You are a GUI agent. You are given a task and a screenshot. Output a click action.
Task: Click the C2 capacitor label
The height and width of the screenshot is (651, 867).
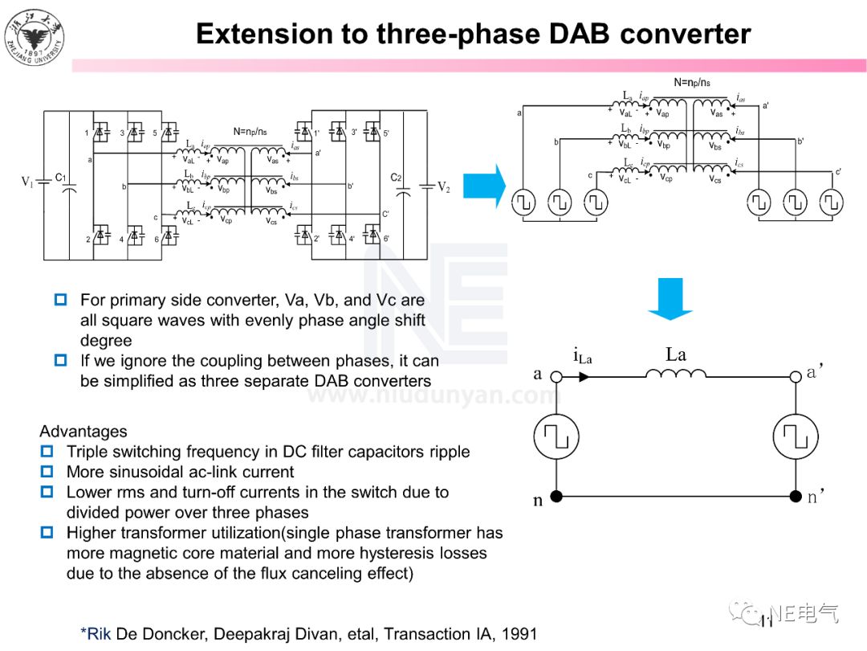pos(396,178)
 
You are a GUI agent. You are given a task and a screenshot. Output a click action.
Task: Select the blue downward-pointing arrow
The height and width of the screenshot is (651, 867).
pos(670,298)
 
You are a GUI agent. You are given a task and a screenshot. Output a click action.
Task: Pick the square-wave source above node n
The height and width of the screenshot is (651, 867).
pos(556,436)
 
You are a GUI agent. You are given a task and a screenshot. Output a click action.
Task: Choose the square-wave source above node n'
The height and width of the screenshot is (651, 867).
pos(795,436)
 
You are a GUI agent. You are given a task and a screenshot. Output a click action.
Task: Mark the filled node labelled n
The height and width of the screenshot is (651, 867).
pos(556,497)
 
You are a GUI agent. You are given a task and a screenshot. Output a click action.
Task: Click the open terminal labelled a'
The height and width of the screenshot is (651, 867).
pos(795,376)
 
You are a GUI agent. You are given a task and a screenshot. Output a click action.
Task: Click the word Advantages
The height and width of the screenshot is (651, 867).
pos(83,432)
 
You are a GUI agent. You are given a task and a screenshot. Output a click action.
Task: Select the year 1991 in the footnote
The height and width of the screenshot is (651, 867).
pos(518,634)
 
